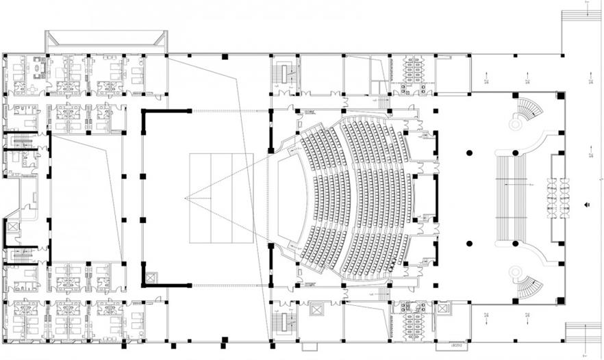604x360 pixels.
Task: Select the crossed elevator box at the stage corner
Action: point(151,278)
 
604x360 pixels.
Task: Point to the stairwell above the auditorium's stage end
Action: point(284,73)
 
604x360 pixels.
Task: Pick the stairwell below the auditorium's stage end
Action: point(284,322)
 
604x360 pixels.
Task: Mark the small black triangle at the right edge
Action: point(587,204)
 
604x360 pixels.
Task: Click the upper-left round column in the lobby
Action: point(470,152)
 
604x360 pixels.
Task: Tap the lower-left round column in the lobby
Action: point(470,244)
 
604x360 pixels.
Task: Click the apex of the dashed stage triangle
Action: point(186,198)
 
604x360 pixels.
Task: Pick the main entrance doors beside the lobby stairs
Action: point(556,198)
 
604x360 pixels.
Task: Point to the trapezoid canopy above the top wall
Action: point(106,40)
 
